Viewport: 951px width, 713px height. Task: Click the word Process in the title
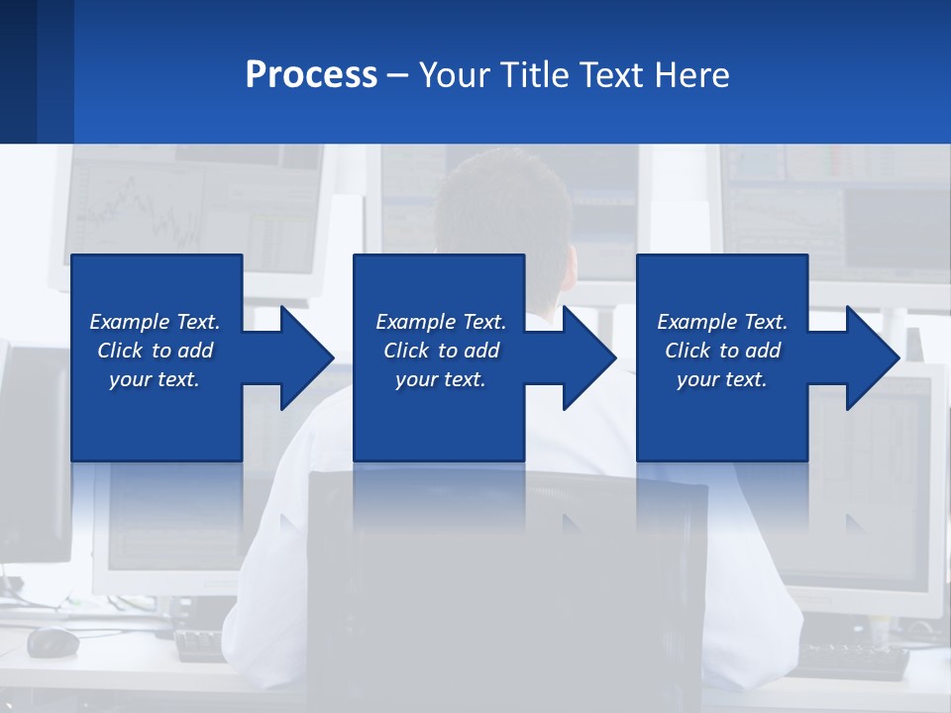pos(311,75)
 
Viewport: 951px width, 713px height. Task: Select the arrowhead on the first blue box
pos(303,357)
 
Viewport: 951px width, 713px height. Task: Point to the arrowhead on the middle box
pos(585,357)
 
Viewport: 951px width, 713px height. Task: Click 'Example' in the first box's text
pos(130,322)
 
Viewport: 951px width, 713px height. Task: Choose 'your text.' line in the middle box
pos(440,379)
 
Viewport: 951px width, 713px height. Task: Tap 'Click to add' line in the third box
pos(722,351)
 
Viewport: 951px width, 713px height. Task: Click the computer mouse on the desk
pos(53,642)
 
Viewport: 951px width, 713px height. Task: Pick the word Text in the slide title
pos(613,75)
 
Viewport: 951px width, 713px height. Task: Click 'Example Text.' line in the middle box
pos(440,322)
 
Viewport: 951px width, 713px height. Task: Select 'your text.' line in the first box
pos(155,379)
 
